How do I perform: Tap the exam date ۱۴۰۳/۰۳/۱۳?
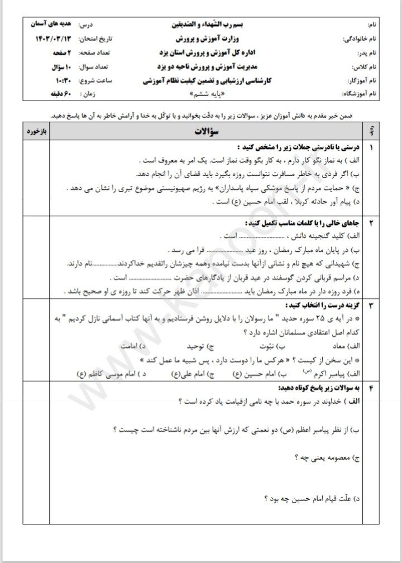click(52, 40)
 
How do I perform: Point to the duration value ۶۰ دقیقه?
click(58, 94)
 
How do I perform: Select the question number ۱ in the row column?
click(372, 147)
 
